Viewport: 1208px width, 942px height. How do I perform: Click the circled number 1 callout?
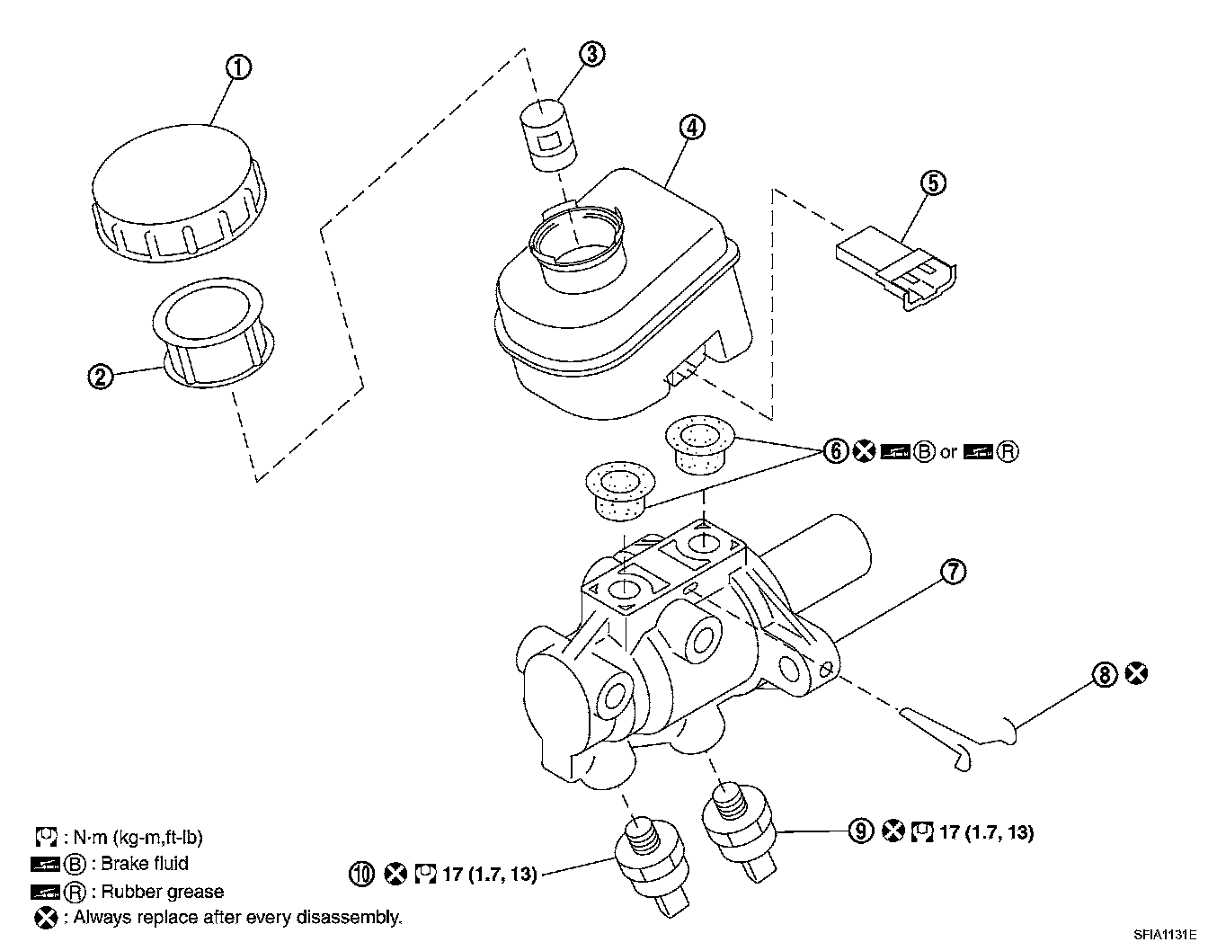(x=238, y=68)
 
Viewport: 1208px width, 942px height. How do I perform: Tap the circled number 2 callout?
(x=101, y=376)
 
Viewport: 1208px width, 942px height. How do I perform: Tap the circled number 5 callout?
(x=933, y=183)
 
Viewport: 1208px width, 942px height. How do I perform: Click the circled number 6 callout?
(x=836, y=451)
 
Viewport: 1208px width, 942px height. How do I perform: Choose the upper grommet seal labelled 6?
(x=699, y=446)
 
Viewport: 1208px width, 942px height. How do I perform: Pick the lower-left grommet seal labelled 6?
(x=619, y=489)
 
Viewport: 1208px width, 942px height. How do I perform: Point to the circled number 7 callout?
(x=953, y=570)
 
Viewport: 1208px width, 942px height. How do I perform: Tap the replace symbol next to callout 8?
(x=1137, y=673)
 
